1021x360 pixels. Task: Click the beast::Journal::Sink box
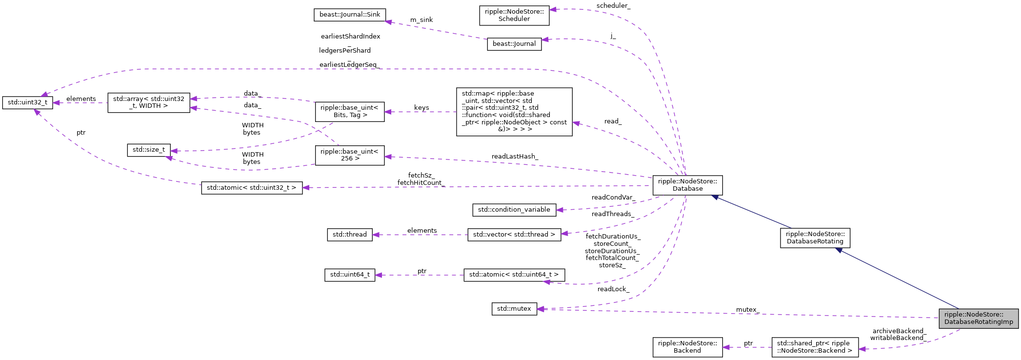tap(349, 15)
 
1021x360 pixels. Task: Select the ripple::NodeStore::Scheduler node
tap(514, 15)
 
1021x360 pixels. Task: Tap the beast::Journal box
tap(514, 44)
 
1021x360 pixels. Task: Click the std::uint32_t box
tap(27, 102)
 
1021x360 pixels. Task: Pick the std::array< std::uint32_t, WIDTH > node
tap(149, 102)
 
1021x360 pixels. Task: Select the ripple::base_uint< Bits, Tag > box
tap(349, 112)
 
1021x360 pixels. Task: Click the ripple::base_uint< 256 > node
tap(349, 155)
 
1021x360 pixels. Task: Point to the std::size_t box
tap(149, 150)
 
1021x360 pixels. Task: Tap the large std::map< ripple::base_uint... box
tap(514, 112)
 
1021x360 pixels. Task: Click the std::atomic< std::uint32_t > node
tap(252, 188)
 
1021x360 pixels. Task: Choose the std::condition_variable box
tap(514, 210)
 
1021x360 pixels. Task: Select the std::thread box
tap(349, 235)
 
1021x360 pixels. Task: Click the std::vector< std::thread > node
tap(514, 235)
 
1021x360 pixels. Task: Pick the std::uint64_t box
tap(349, 275)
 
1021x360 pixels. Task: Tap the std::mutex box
tap(514, 309)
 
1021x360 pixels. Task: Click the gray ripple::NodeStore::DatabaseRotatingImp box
tap(979, 319)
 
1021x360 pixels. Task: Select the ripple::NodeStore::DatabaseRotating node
tap(815, 238)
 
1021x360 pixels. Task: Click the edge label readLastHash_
tap(515, 157)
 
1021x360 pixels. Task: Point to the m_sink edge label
tap(421, 20)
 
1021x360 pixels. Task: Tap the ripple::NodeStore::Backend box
tap(687, 347)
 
